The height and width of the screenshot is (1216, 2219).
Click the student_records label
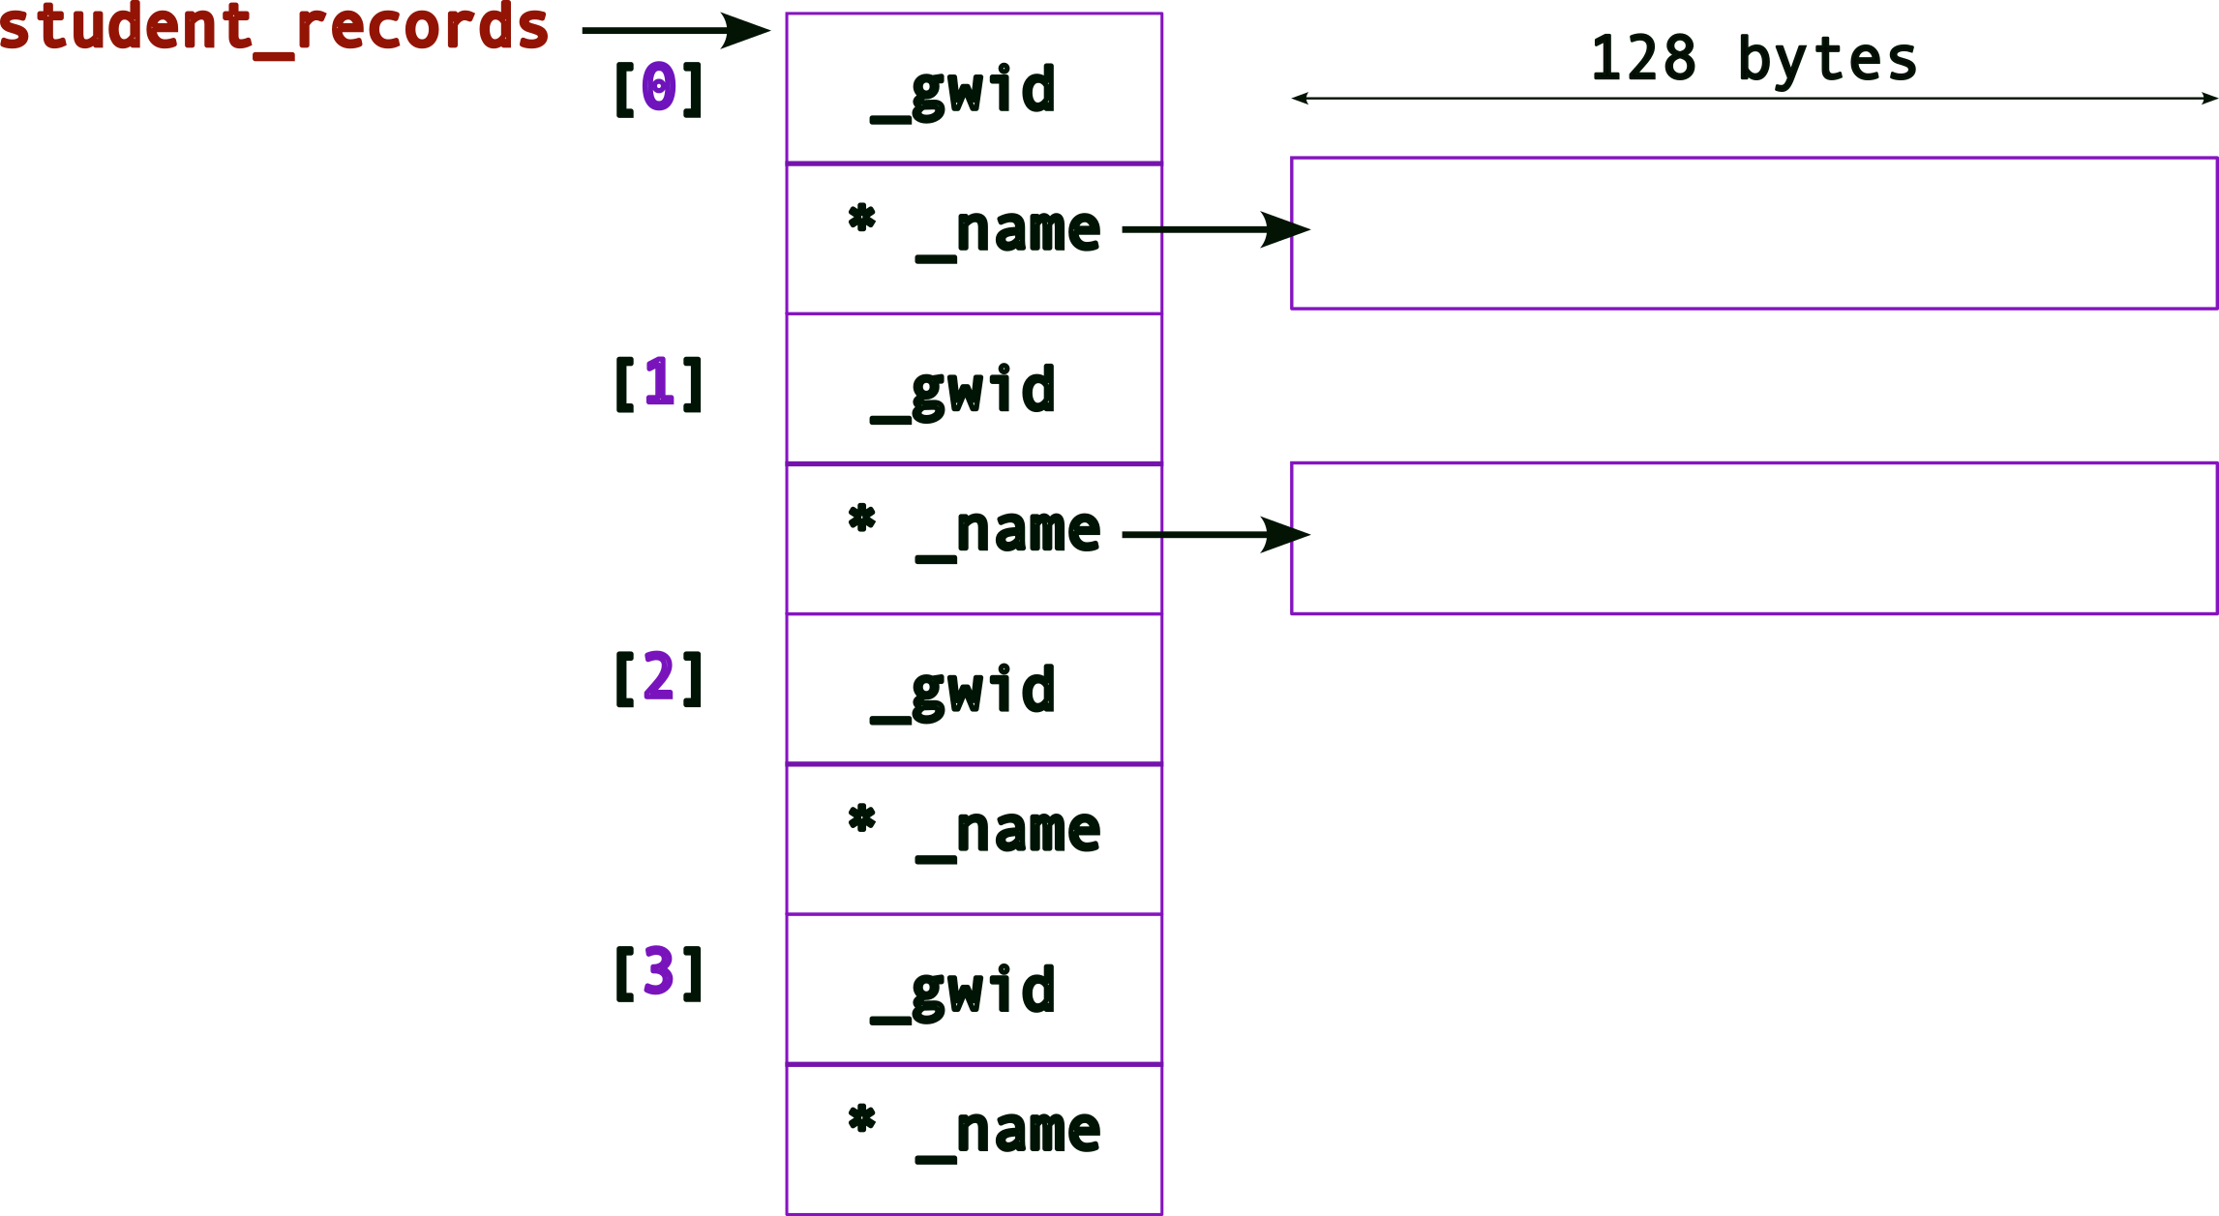(x=274, y=27)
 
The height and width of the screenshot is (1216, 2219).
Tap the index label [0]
(x=659, y=88)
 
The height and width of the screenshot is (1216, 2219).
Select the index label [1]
(x=659, y=383)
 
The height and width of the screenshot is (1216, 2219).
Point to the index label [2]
(x=659, y=678)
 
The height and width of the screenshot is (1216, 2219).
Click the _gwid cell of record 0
(x=974, y=89)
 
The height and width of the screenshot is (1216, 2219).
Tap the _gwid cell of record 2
(x=974, y=690)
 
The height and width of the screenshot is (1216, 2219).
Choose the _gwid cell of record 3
(x=974, y=990)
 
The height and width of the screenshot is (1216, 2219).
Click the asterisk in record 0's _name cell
(x=861, y=218)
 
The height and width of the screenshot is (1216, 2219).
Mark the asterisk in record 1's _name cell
(x=861, y=519)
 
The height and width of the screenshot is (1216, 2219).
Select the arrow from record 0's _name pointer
(x=1214, y=229)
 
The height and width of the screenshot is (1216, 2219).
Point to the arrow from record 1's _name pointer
(x=1214, y=534)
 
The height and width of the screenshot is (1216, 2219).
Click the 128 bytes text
(x=1754, y=58)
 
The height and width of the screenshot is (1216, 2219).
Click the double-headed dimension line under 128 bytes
(x=1754, y=98)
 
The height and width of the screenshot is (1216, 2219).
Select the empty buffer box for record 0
(x=1754, y=233)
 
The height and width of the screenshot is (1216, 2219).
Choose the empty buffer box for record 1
(x=1754, y=538)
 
